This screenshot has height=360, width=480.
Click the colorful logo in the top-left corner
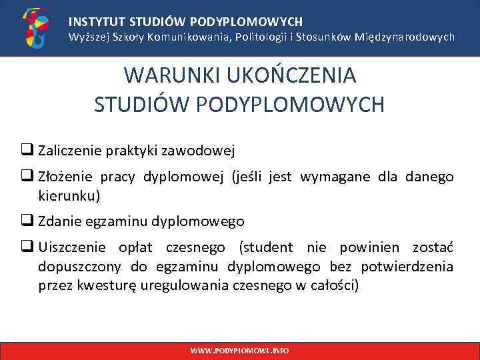pos(35,27)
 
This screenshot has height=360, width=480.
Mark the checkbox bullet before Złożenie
pos(31,177)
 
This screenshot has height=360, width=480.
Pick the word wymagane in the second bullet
pos(329,177)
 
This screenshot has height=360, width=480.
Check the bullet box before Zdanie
pos(31,221)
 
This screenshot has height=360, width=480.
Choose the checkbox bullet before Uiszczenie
pos(31,247)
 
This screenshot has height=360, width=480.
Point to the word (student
pos(266,248)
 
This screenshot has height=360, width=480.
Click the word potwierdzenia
pos(407,267)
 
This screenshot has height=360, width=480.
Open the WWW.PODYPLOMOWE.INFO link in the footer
pos(239,350)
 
